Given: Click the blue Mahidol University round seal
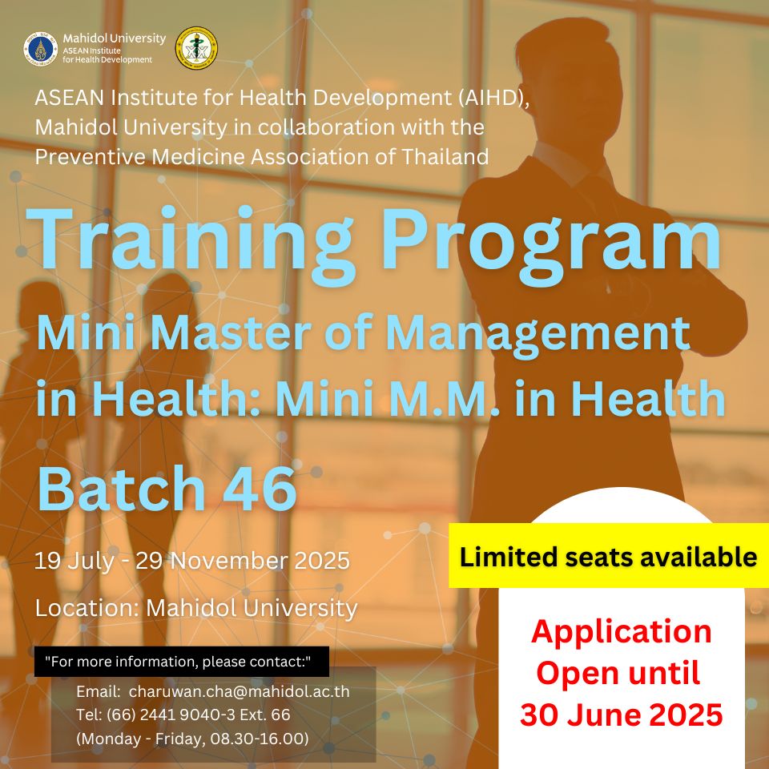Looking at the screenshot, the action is (x=41, y=49).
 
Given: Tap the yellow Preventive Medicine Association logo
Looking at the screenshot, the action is (x=197, y=48).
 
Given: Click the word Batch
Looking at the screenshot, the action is (x=121, y=488).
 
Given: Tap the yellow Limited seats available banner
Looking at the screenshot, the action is (x=609, y=556).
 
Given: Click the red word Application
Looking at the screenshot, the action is (x=621, y=632).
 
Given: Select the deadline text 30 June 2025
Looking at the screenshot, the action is (x=622, y=715).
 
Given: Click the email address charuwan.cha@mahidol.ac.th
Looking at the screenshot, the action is (x=240, y=691).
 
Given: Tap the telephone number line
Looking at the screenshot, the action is (x=183, y=715).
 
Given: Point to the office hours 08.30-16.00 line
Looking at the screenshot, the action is (x=193, y=738).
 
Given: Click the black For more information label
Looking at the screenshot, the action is (x=182, y=662).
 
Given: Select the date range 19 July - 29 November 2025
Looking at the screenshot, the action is (x=192, y=561).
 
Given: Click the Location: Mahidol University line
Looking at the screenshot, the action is (x=196, y=608).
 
